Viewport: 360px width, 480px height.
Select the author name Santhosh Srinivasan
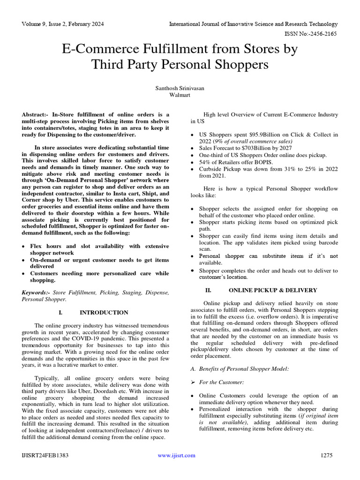(x=180, y=88)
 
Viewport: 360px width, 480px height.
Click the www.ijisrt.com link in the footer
(x=176, y=455)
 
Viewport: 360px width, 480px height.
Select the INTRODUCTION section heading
(x=104, y=312)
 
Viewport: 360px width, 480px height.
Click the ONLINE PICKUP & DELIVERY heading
(x=272, y=290)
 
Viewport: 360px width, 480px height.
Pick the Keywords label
(x=36, y=292)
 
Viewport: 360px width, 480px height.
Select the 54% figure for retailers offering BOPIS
(x=205, y=162)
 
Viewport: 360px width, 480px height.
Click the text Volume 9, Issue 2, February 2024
(x=63, y=24)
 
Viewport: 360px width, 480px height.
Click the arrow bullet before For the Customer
(x=194, y=382)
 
